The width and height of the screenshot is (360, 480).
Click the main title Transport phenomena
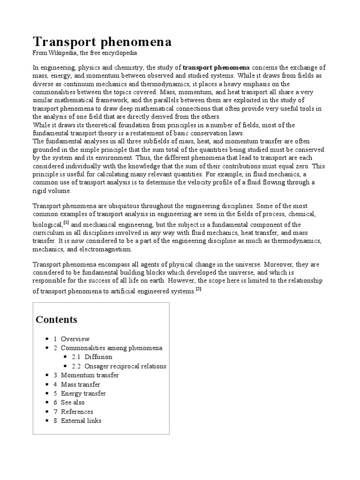102,42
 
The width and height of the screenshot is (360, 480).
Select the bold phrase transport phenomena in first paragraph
216,67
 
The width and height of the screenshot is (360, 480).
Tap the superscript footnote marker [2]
198,289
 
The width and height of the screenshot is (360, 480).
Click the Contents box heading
56,320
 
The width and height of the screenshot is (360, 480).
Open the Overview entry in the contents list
75,339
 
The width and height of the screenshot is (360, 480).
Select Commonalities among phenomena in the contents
112,348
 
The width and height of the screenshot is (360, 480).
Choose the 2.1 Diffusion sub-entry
98,357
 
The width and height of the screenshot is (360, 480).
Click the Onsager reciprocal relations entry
125,366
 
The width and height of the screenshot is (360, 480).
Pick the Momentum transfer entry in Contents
90,375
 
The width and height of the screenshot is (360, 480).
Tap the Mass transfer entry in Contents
80,384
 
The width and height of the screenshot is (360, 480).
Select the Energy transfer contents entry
83,393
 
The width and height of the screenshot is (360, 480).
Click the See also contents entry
73,402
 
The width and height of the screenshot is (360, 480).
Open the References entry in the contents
77,412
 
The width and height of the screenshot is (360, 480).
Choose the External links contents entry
81,420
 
